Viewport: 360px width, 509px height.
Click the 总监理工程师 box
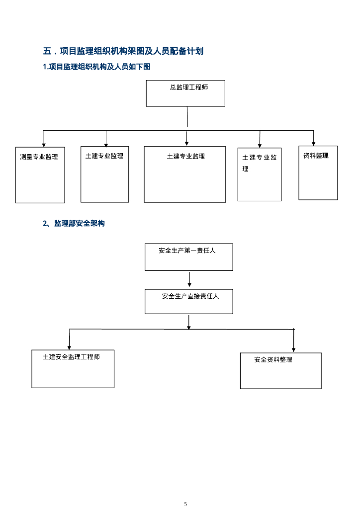pos(185,93)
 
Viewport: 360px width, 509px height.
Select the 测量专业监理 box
pos(40,174)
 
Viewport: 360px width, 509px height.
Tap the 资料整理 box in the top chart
pos(318,172)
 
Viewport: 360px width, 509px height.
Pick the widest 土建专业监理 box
pos(184,174)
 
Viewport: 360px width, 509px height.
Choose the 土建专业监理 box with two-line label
pos(259,174)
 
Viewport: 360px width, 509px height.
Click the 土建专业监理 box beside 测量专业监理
pos(104,174)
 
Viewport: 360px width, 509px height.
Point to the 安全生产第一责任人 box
pos(188,256)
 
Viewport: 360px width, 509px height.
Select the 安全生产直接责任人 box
pos(188,301)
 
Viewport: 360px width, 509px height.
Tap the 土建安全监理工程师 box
pos(73,368)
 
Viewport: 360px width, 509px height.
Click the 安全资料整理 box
pos(280,370)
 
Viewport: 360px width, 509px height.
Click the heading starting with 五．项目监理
pos(123,51)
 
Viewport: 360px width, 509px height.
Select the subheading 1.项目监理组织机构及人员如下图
pos(96,67)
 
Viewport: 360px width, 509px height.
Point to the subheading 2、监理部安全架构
pos(74,224)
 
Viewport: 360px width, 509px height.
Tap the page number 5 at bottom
pos(185,504)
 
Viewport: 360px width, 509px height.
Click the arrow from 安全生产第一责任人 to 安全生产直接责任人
pos(189,279)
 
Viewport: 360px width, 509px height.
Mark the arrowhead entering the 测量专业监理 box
pos(44,145)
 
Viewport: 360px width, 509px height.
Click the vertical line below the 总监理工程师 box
pos(187,117)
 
